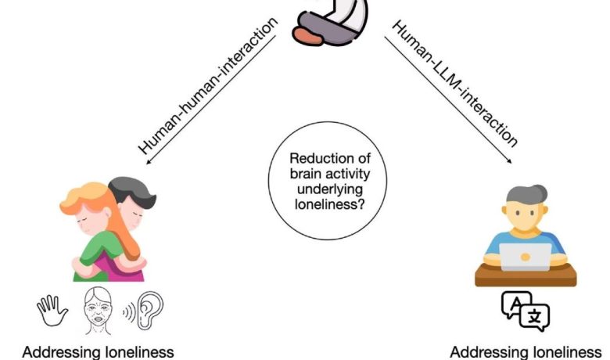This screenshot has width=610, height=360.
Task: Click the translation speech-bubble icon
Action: point(525,311)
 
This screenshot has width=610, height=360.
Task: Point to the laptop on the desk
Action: point(526,256)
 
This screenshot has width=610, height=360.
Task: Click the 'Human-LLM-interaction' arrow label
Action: point(454,81)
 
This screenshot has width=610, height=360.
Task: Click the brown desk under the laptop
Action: point(525,275)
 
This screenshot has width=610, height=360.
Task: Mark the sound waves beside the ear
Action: point(131,311)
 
